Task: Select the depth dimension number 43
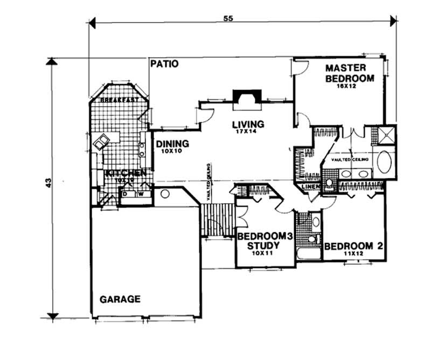coord(49,184)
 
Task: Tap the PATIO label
coord(164,64)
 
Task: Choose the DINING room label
coord(172,144)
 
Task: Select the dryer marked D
coord(126,194)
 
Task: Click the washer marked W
coord(140,194)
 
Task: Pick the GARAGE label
coord(120,299)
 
